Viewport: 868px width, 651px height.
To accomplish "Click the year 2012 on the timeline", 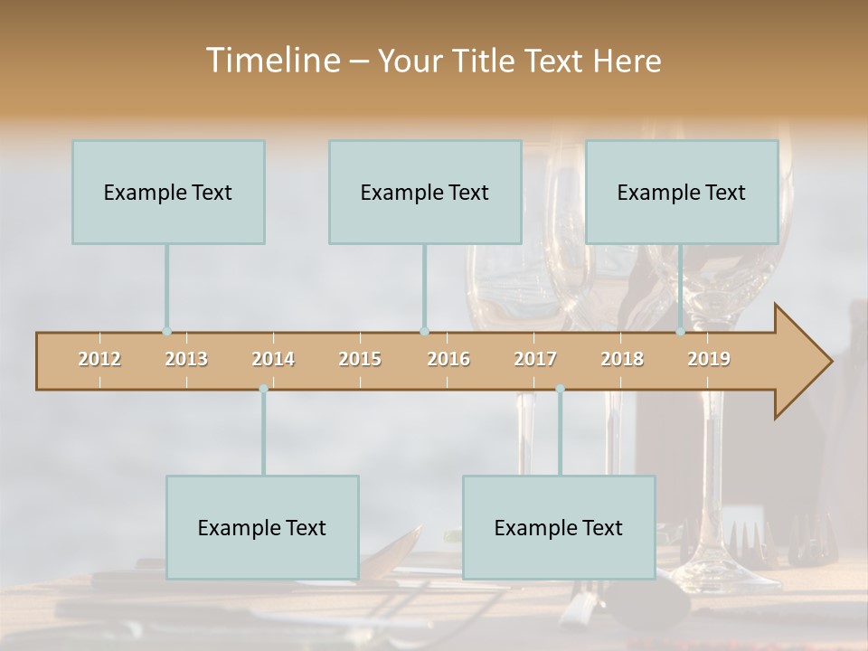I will pos(99,359).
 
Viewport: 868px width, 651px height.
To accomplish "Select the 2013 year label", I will pos(186,359).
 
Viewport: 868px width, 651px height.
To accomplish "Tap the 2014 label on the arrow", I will pos(273,359).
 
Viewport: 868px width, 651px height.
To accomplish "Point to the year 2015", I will pos(360,359).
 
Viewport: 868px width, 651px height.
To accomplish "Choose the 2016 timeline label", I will pos(448,359).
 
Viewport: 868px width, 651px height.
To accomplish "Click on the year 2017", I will pos(535,359).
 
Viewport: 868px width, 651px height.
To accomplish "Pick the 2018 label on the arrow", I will pos(622,359).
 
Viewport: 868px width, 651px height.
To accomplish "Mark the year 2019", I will pos(709,359).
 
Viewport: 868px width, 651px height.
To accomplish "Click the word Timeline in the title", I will pos(271,61).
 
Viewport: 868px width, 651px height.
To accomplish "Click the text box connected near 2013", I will pos(168,192).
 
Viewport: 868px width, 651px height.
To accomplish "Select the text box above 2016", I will pos(425,192).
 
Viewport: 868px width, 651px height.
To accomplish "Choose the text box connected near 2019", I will pos(682,192).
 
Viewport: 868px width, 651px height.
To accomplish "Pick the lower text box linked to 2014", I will pos(262,527).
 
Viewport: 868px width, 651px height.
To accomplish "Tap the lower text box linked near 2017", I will pos(559,527).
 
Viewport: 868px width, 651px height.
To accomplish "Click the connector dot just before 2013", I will pos(166,331).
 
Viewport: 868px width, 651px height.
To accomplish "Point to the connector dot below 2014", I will pos(263,388).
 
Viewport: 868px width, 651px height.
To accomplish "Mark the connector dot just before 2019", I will pos(681,331).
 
